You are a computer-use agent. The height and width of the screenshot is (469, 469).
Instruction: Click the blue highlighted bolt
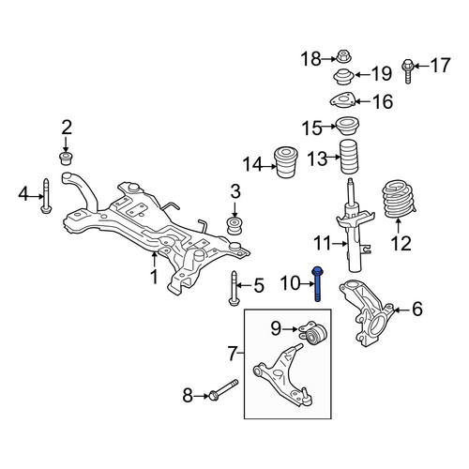coord(317,284)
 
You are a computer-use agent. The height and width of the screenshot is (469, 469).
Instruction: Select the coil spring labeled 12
coord(399,199)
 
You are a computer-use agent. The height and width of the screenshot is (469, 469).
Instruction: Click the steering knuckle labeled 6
coord(366,312)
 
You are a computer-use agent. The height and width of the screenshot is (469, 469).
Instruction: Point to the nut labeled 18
coord(343,56)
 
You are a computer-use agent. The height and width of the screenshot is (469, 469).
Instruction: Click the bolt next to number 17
coord(407,70)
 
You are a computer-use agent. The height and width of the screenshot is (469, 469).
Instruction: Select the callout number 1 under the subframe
coord(154,277)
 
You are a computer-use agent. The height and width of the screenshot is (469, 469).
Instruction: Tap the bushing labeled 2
coord(66,159)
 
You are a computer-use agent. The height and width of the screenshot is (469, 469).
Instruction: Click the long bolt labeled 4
coord(46,196)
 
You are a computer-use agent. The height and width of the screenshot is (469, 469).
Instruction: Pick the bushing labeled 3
coord(234,226)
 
